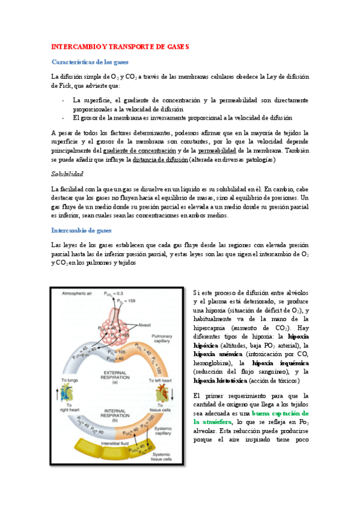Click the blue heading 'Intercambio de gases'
tap(81, 230)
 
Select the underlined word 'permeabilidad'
tap(218, 150)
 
